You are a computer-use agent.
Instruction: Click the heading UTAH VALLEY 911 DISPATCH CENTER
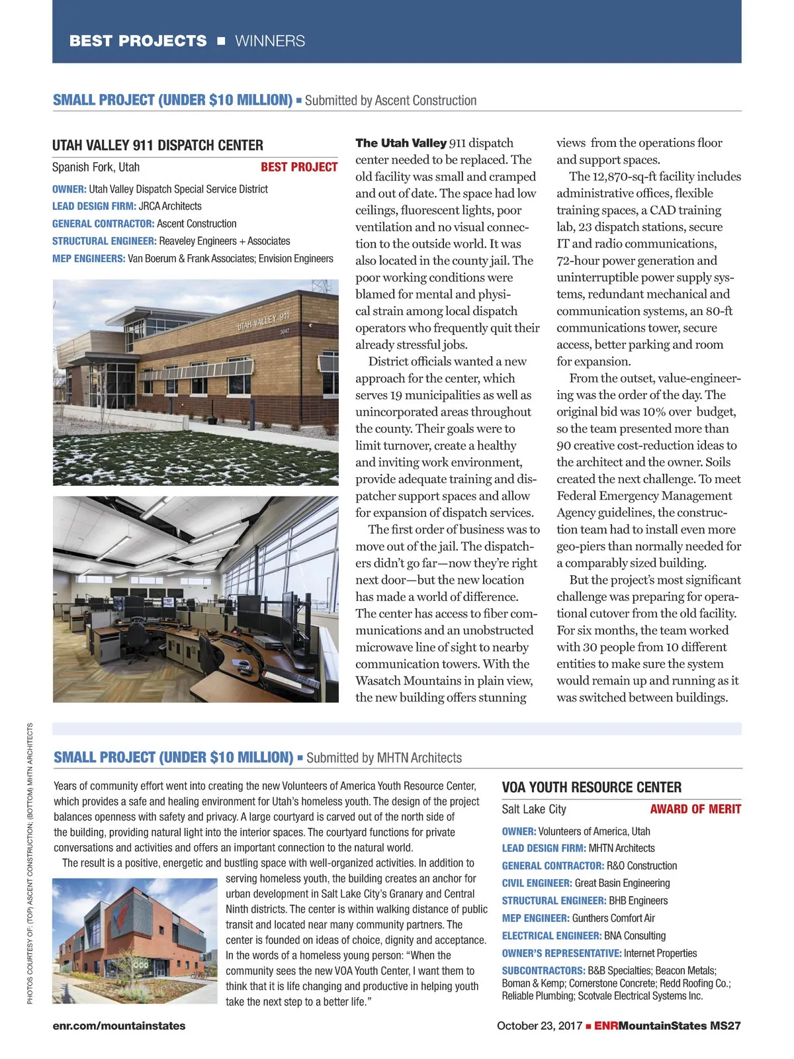point(157,146)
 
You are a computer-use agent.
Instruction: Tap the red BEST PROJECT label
point(299,167)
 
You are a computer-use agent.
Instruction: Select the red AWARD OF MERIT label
point(695,809)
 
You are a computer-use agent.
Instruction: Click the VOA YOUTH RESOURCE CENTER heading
point(592,788)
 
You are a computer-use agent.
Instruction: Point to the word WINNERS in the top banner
point(270,41)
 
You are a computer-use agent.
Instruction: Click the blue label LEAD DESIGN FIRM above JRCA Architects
point(94,207)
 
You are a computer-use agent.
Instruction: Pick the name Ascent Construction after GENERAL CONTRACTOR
point(197,224)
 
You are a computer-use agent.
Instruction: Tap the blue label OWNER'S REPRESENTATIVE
point(561,953)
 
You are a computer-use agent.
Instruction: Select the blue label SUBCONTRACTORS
point(543,971)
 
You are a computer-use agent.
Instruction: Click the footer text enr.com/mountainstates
point(119,1026)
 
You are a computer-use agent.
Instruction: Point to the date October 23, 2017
point(539,1026)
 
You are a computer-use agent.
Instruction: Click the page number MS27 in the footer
point(725,1026)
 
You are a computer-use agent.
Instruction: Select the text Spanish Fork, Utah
point(96,167)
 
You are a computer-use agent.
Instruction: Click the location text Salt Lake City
point(534,809)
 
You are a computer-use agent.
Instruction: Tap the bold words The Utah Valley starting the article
point(401,143)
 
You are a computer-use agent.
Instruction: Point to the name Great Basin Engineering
point(622,883)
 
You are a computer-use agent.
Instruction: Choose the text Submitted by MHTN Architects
point(384,758)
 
